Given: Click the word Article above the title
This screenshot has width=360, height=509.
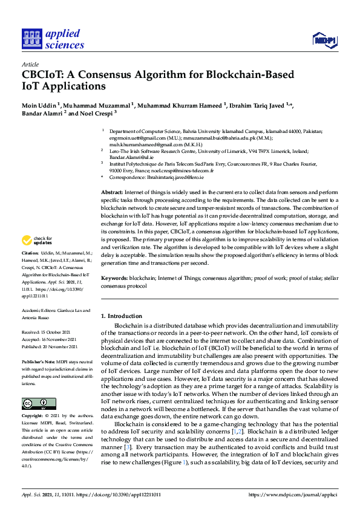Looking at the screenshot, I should [x=30, y=64].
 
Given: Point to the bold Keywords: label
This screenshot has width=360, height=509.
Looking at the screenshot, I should [x=114, y=279].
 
